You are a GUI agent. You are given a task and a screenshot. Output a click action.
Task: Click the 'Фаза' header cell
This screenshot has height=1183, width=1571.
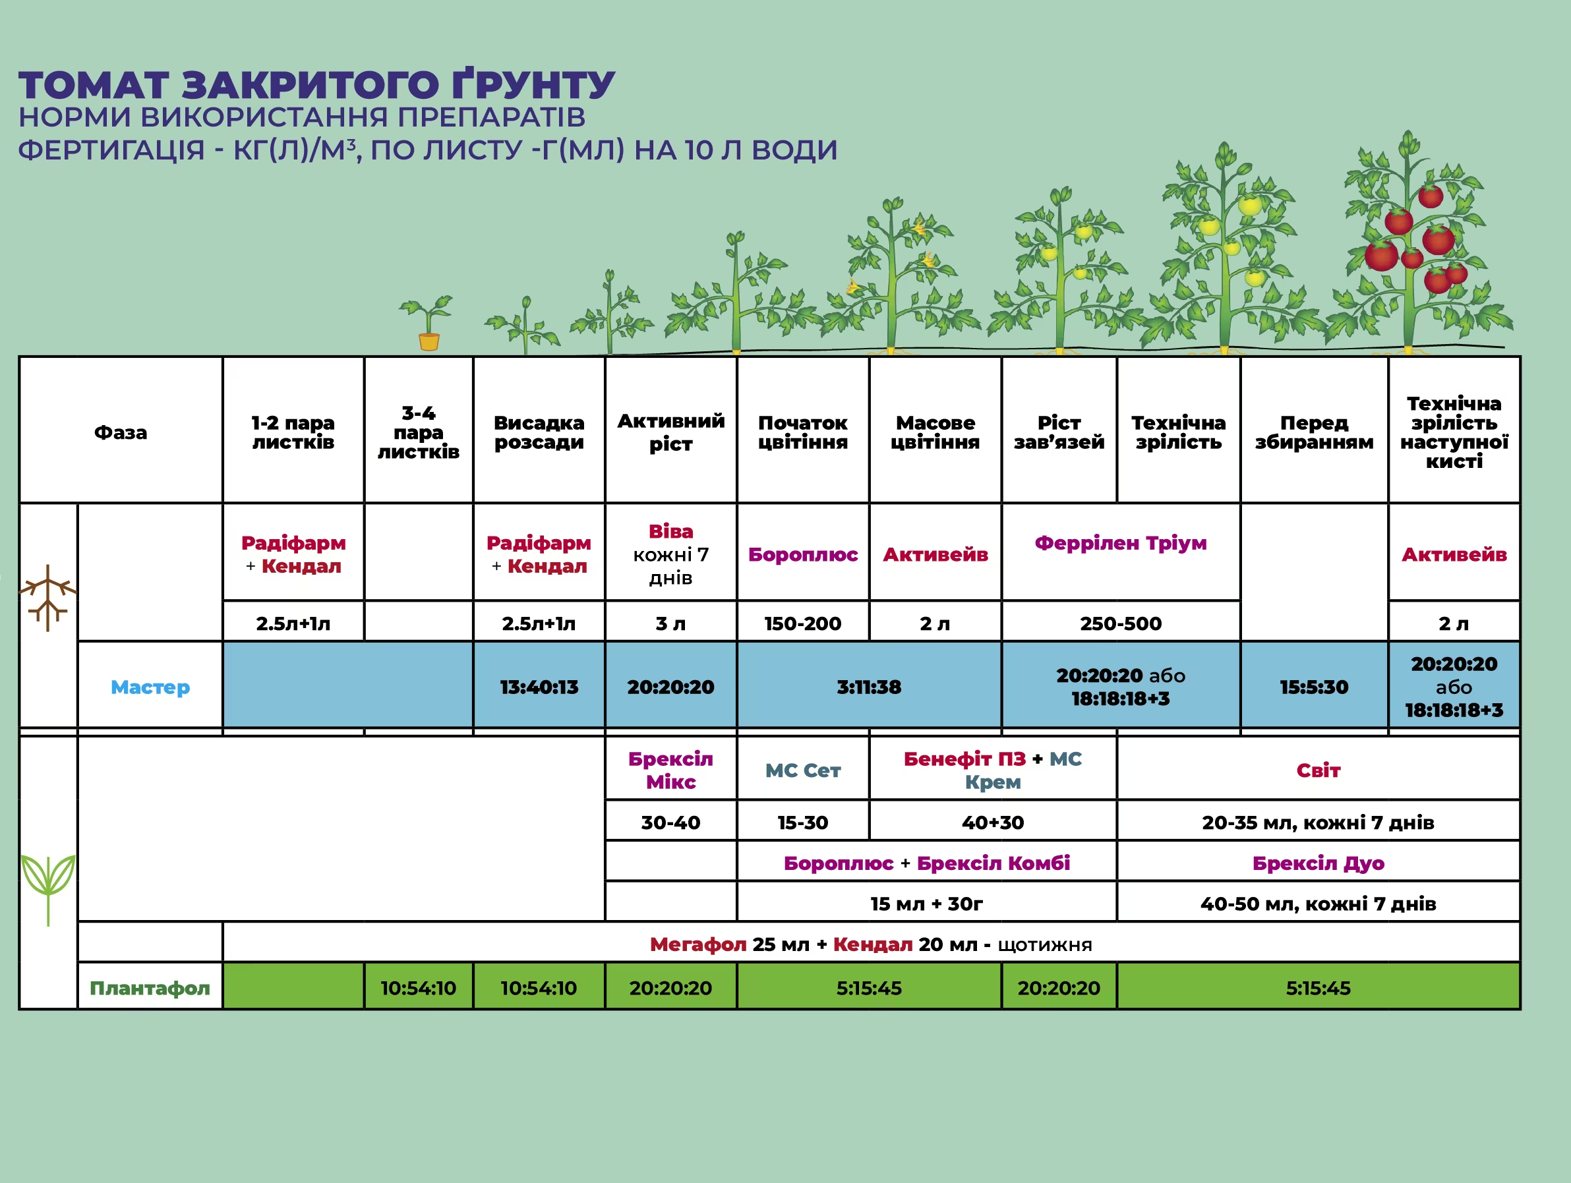click(121, 432)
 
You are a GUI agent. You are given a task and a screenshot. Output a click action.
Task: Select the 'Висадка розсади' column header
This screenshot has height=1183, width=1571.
click(539, 432)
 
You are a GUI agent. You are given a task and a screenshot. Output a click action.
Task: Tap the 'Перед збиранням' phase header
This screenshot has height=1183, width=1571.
click(1314, 432)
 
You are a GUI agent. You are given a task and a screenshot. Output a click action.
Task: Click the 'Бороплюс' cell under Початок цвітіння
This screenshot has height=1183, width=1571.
click(802, 554)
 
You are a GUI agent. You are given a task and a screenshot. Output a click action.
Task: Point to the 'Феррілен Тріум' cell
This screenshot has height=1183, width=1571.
click(1120, 543)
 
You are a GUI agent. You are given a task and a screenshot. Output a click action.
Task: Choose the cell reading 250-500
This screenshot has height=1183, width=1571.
click(1120, 623)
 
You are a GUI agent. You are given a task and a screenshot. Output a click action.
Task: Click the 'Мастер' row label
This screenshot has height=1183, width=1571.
click(150, 687)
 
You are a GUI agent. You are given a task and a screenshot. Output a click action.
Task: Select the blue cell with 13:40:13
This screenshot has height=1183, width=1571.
click(539, 687)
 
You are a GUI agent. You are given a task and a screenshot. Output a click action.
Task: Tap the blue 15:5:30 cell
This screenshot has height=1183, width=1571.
click(1314, 687)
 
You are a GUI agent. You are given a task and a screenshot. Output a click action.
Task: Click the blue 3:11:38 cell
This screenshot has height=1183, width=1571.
click(869, 687)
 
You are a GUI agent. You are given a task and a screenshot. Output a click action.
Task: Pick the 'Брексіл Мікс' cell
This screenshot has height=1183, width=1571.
click(670, 770)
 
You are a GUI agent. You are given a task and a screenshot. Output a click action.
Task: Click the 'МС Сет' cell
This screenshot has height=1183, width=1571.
click(802, 770)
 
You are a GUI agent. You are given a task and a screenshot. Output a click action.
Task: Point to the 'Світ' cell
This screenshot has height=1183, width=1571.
click(1318, 770)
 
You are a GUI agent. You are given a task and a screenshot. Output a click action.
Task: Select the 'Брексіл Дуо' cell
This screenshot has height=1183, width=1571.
click(1318, 863)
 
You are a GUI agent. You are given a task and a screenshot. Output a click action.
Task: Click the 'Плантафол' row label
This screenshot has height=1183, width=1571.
click(150, 988)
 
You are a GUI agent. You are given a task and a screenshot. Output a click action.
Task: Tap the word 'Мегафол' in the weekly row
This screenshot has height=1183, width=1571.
click(697, 944)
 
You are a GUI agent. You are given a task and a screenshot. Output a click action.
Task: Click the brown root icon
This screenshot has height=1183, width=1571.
click(47, 596)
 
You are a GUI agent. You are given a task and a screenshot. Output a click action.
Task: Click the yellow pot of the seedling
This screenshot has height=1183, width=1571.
click(429, 341)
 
